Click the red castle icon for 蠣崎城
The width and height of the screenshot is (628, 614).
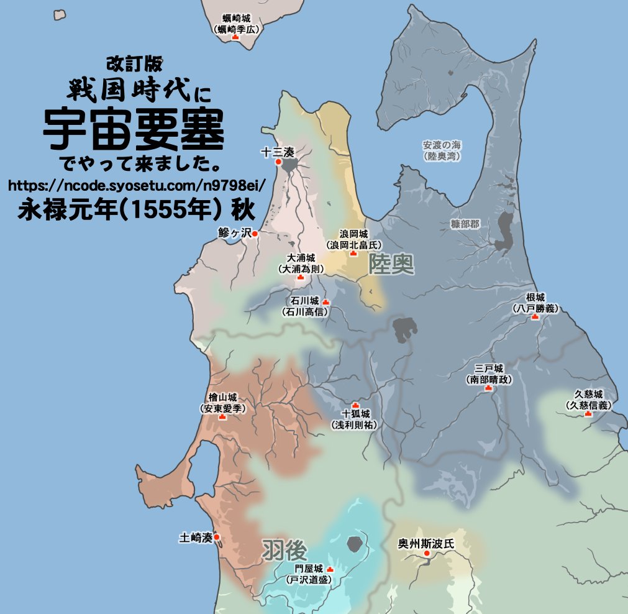[x=235, y=38]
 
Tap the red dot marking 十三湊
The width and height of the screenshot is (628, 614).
[x=278, y=162]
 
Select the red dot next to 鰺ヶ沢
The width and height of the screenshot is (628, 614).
[x=254, y=234]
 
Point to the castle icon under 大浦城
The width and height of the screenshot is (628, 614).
[x=301, y=277]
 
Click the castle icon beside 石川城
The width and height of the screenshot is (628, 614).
[x=325, y=302]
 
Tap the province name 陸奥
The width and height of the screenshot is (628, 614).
[x=391, y=265]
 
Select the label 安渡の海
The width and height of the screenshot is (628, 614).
[x=442, y=145]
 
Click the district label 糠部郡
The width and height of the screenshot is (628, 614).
[x=465, y=224]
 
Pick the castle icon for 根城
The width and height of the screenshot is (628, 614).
[x=534, y=317]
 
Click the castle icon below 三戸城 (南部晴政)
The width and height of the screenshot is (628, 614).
[x=488, y=388]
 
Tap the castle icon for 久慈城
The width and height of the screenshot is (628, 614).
[x=588, y=413]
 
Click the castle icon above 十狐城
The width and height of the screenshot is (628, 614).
[x=355, y=405]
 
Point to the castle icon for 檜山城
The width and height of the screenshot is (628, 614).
[x=222, y=417]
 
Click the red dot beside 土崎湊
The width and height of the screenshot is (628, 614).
[x=216, y=538]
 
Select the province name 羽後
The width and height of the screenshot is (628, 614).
[x=284, y=549]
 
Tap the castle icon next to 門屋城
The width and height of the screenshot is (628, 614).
[x=330, y=569]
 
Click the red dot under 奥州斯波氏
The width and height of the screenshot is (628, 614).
[x=426, y=553]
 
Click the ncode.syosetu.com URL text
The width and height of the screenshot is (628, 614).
[x=137, y=185]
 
